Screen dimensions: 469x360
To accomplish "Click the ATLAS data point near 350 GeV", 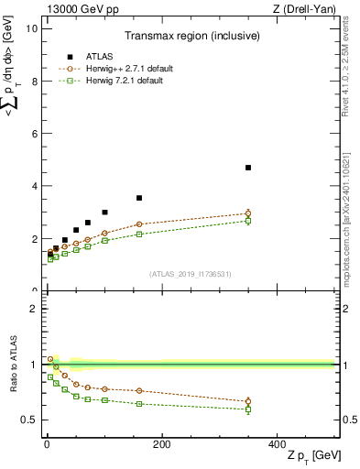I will pyautogui.click(x=248, y=168).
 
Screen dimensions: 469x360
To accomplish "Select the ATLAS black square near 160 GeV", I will pyautogui.click(x=139, y=198).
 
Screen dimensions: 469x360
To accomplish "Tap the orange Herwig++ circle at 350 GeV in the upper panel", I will pyautogui.click(x=248, y=213).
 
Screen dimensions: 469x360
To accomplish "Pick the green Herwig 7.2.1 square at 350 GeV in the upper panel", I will pyautogui.click(x=248, y=221).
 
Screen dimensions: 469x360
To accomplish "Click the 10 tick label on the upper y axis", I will pyautogui.click(x=31, y=28).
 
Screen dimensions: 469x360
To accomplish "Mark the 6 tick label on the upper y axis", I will pyautogui.click(x=34, y=134).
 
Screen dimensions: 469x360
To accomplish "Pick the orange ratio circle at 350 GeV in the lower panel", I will pyautogui.click(x=248, y=401).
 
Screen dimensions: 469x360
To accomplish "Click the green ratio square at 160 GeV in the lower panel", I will pyautogui.click(x=139, y=403).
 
